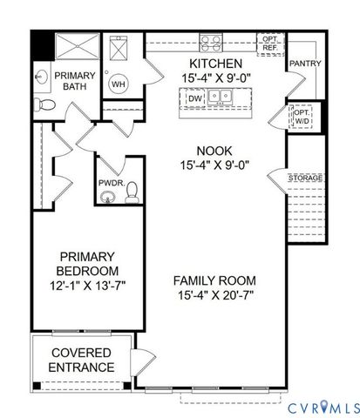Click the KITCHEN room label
[215, 64]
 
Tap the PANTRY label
[305, 64]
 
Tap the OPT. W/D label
[302, 117]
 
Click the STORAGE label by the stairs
[306, 178]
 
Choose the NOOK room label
[215, 150]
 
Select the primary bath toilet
[50, 105]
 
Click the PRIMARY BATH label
[75, 82]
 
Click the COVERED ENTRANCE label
[81, 360]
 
